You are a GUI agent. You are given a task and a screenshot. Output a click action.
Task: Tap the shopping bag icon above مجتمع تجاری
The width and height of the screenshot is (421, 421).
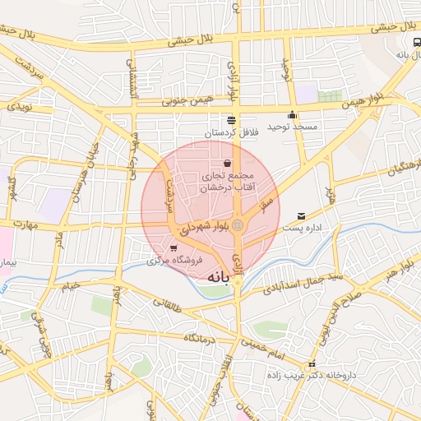(x=227, y=164)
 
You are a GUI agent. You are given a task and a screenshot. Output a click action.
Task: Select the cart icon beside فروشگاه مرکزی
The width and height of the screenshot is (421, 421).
(x=173, y=248)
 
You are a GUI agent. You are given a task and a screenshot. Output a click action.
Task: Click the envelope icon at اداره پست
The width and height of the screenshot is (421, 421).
(x=301, y=215)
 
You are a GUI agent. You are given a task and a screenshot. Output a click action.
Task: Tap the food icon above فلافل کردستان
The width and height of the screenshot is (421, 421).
(x=232, y=120)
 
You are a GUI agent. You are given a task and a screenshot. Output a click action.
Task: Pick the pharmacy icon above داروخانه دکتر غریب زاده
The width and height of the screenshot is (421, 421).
(x=311, y=363)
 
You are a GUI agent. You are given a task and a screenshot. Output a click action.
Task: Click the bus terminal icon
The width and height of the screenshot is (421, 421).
(x=415, y=42)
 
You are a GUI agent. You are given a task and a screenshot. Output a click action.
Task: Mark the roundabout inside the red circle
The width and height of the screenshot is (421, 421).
(x=238, y=224)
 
